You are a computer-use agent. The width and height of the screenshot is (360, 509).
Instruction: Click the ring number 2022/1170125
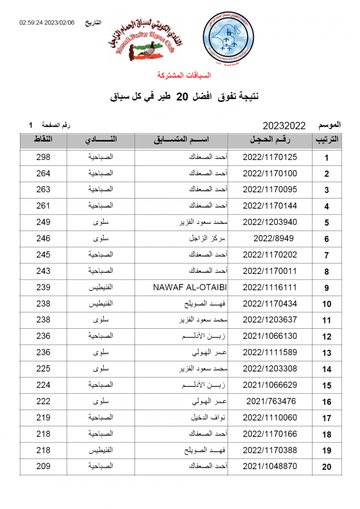pyautogui.click(x=270, y=157)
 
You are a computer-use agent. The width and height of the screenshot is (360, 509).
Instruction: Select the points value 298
pyautogui.click(x=43, y=157)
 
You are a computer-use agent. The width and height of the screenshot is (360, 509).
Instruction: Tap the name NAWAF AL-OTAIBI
pyautogui.click(x=190, y=288)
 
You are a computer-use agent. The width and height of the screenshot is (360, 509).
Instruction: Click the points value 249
pyautogui.click(x=43, y=222)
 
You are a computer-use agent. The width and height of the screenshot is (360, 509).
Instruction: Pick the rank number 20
pyautogui.click(x=326, y=467)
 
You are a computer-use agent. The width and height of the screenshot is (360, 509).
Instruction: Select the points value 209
pyautogui.click(x=43, y=467)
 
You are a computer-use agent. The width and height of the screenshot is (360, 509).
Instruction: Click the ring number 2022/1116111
pyautogui.click(x=270, y=288)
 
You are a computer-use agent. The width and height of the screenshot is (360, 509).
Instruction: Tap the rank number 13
pyautogui.click(x=326, y=353)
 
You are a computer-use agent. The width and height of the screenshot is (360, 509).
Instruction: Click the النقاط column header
pyautogui.click(x=43, y=140)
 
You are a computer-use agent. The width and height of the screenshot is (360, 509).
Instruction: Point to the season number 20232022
pyautogui.click(x=284, y=126)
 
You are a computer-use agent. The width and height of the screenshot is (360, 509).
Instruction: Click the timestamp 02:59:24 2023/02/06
pyautogui.click(x=47, y=22)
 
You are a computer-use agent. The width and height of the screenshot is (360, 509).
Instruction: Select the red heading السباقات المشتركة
pyautogui.click(x=184, y=76)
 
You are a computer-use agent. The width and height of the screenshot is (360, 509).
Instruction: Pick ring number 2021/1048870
pyautogui.click(x=270, y=467)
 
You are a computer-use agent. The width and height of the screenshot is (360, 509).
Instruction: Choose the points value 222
pyautogui.click(x=43, y=401)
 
